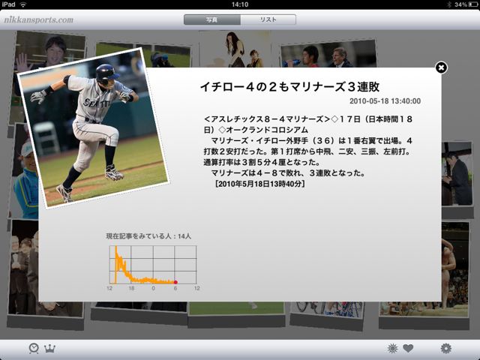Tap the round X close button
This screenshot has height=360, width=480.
coord(441,67)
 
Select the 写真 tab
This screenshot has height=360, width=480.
coord(211,19)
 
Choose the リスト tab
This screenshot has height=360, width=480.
coord(268,19)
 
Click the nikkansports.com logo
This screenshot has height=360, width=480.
coord(38,20)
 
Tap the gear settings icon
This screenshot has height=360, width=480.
coord(445,348)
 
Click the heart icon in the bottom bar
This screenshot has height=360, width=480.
coord(408,348)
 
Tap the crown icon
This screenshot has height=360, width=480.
coord(49,348)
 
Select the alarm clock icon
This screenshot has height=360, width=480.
coord(34,348)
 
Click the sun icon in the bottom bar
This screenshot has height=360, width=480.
coord(392,348)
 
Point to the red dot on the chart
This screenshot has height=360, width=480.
coord(175,282)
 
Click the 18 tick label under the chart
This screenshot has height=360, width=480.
coord(131,288)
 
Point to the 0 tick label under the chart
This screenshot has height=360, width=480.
coord(153,288)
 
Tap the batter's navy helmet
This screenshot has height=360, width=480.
coord(106,73)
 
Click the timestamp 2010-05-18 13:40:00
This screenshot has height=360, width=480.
coord(385,101)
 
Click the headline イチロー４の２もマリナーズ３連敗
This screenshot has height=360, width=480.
coord(290,87)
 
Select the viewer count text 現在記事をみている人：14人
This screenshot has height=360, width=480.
coord(148,236)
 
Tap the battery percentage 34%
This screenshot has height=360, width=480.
coord(460,4)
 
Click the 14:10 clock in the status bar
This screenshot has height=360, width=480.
coord(240,4)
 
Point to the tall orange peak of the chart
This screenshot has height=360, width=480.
coord(115,247)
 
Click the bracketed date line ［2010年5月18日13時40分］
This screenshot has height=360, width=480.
coord(259,184)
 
